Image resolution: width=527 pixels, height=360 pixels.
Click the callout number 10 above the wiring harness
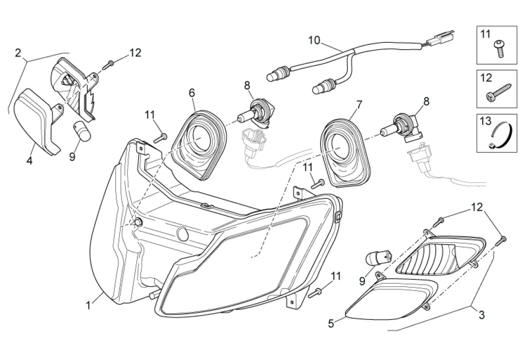314,40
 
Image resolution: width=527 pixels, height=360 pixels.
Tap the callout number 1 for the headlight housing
89,305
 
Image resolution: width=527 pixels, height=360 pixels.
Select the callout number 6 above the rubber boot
192,93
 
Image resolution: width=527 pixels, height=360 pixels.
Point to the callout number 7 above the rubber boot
358,105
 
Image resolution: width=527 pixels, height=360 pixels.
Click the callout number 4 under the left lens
29,161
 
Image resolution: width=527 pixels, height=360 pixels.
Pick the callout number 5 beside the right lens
331,323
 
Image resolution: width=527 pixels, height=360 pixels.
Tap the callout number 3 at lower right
482,314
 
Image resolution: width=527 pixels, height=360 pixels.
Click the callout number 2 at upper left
18,53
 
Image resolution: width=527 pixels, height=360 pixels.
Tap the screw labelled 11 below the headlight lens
315,292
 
